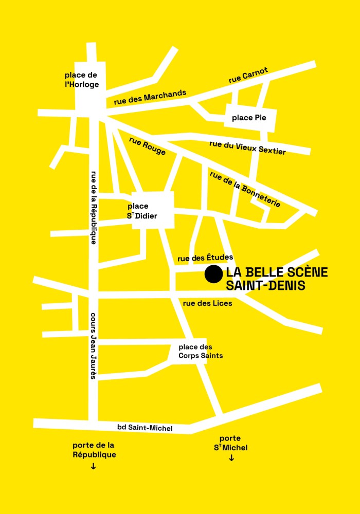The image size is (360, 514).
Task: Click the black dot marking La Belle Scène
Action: click(213, 274)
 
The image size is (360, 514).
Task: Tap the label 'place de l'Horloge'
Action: click(82, 80)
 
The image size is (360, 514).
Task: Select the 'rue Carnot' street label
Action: click(248, 76)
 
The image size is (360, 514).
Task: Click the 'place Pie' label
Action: click(249, 118)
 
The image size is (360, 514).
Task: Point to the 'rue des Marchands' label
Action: click(150, 98)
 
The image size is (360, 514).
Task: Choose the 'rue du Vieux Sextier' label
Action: click(247, 147)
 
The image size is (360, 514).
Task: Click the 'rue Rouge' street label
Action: click(148, 146)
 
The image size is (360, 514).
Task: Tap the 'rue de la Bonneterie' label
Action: click(245, 189)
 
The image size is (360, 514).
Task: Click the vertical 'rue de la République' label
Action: click(94, 207)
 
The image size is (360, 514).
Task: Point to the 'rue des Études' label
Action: click(205, 258)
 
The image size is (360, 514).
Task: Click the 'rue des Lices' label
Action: click(207, 303)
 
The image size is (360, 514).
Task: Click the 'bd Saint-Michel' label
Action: click(145, 428)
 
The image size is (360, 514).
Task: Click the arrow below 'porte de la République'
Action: click(93, 466)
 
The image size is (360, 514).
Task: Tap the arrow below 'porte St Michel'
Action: click(231, 458)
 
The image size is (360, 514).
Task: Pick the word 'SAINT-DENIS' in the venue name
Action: click(265, 285)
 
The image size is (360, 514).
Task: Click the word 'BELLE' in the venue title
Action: click(266, 272)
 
